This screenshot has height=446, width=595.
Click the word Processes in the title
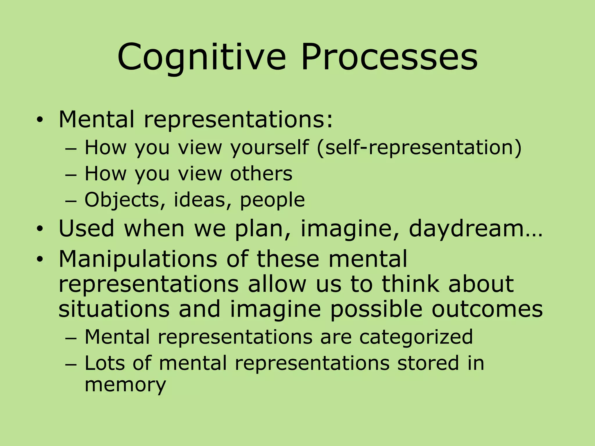(x=389, y=57)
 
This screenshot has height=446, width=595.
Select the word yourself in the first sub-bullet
(x=269, y=148)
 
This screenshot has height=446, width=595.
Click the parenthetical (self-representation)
(x=419, y=148)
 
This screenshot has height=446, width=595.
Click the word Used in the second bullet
(x=86, y=228)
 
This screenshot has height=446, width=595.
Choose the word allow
(x=277, y=284)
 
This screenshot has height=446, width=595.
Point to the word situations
(x=114, y=309)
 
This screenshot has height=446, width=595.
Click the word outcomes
(x=487, y=309)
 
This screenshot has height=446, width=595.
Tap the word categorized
(x=416, y=337)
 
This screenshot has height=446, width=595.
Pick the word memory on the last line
(x=125, y=385)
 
